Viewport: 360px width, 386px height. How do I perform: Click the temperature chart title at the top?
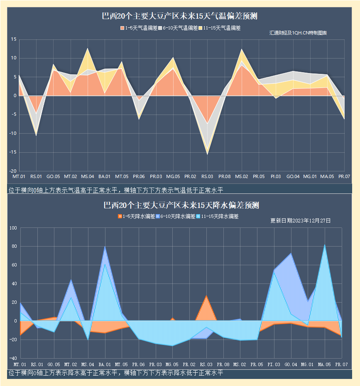click(180, 17)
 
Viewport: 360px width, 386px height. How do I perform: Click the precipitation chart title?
click(181, 205)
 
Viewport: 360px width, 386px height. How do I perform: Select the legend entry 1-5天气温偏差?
click(139, 28)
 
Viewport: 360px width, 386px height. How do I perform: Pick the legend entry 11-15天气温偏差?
click(220, 28)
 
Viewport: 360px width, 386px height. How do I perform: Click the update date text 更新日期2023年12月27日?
click(300, 221)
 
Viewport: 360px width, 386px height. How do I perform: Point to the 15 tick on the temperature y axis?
click(14, 39)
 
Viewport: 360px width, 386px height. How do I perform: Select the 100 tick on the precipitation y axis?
click(12, 228)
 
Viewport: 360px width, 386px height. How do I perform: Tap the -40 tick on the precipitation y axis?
click(12, 358)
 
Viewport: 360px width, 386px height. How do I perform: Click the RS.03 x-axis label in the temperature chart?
click(207, 177)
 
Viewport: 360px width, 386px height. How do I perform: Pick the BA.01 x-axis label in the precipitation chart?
click(105, 364)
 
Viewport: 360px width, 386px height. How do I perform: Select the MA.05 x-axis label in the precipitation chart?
click(324, 364)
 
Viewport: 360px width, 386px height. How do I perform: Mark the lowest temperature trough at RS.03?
click(207, 154)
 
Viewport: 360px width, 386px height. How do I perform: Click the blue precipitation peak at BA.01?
click(105, 247)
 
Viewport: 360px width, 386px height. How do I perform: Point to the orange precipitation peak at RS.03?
click(206, 296)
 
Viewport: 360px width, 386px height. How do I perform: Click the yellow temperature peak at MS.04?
click(87, 49)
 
